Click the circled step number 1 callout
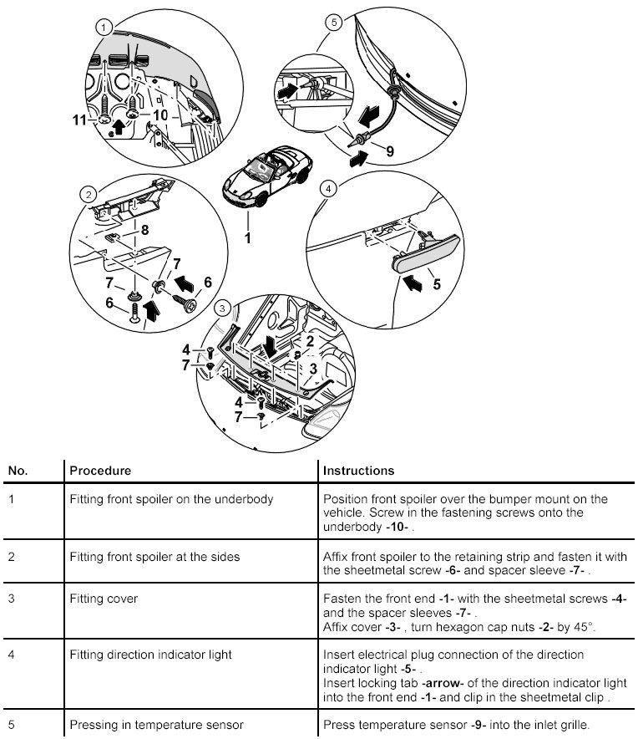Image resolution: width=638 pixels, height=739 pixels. (x=103, y=28)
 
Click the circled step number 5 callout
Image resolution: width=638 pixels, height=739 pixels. (x=333, y=23)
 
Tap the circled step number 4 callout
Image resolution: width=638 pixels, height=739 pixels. (x=330, y=190)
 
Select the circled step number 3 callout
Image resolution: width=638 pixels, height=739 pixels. (x=221, y=308)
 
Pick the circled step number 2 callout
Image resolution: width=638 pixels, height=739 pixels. (x=87, y=195)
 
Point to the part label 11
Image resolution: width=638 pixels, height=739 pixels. (x=79, y=121)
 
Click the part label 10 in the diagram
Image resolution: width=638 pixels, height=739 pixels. (x=161, y=115)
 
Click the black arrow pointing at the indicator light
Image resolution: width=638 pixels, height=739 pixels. (x=410, y=281)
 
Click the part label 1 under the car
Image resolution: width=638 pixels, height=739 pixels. (x=247, y=238)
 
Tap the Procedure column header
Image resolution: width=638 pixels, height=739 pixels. (x=99, y=471)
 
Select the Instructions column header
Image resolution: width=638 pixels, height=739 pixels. (x=358, y=471)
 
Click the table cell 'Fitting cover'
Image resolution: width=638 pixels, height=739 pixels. (x=104, y=599)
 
